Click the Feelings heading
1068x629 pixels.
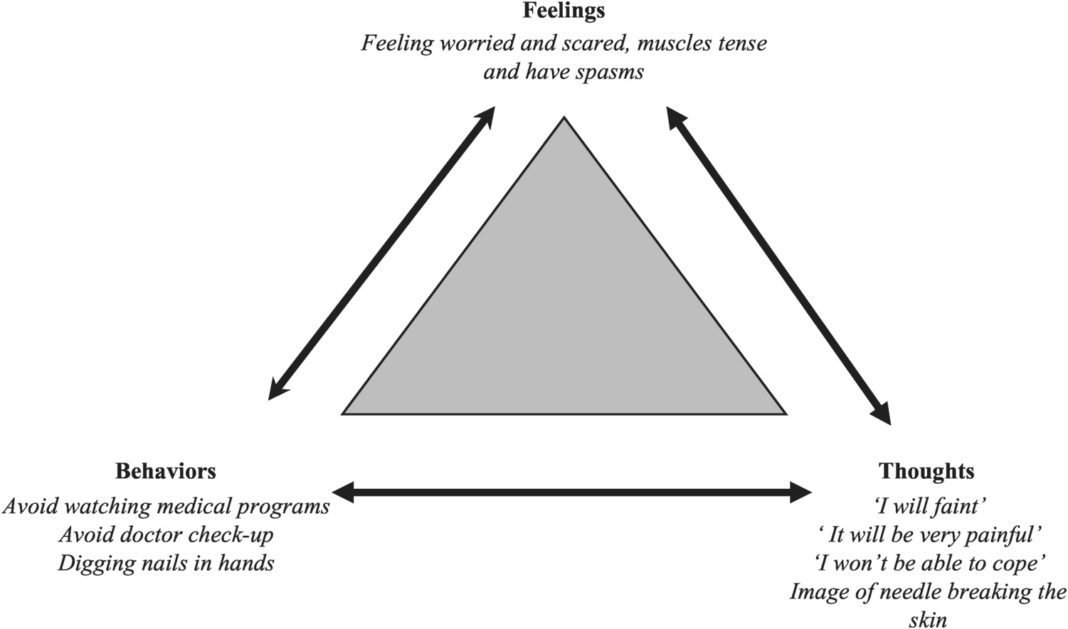[x=564, y=11]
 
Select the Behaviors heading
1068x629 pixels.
[x=165, y=471]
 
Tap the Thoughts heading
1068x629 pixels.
[x=926, y=471]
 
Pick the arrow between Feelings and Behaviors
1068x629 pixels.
[x=381, y=253]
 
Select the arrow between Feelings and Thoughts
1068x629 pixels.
[x=778, y=265]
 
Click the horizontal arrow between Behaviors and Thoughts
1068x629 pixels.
[x=571, y=492]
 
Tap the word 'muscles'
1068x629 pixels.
[x=672, y=43]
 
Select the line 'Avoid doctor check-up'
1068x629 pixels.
[x=166, y=534]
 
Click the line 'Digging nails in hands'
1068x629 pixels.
[x=166, y=564]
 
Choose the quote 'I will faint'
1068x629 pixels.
[x=929, y=506]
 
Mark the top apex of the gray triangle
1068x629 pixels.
[x=564, y=119]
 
